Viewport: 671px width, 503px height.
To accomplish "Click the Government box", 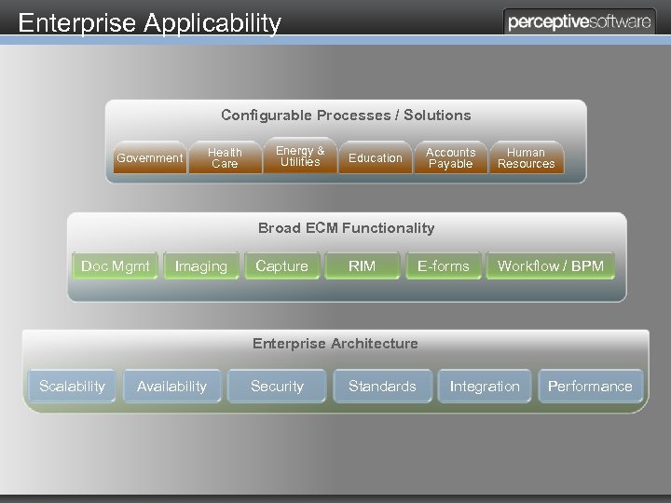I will pyautogui.click(x=149, y=158).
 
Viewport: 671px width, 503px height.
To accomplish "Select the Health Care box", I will pyautogui.click(x=225, y=158).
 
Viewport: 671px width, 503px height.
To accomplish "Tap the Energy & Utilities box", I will pyautogui.click(x=300, y=156).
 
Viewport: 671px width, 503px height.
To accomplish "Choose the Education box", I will pyautogui.click(x=375, y=158).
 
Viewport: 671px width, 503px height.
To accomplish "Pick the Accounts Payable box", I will pyautogui.click(x=450, y=158).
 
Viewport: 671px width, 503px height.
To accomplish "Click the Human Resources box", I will pyautogui.click(x=526, y=158).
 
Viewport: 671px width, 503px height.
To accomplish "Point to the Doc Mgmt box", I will pyautogui.click(x=116, y=266).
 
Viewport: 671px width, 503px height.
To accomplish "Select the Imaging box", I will pyautogui.click(x=201, y=266).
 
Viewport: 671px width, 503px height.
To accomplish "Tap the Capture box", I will pyautogui.click(x=281, y=266).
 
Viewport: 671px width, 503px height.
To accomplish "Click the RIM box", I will pyautogui.click(x=362, y=266).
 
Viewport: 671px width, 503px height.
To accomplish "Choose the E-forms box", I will pyautogui.click(x=444, y=266).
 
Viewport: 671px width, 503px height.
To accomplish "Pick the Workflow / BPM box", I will pyautogui.click(x=551, y=266).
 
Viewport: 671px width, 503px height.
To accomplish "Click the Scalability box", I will pyautogui.click(x=72, y=386).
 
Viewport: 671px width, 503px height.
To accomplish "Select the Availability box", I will pyautogui.click(x=171, y=386).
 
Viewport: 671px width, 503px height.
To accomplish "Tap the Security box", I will pyautogui.click(x=277, y=386).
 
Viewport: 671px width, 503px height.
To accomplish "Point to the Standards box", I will pyautogui.click(x=382, y=386).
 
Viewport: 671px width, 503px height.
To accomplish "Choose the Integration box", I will pyautogui.click(x=485, y=386).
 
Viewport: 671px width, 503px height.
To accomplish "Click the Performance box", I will pyautogui.click(x=590, y=386).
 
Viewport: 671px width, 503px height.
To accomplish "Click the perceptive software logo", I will pyautogui.click(x=579, y=22).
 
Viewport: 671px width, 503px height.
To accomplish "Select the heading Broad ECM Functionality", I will pyautogui.click(x=346, y=227).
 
